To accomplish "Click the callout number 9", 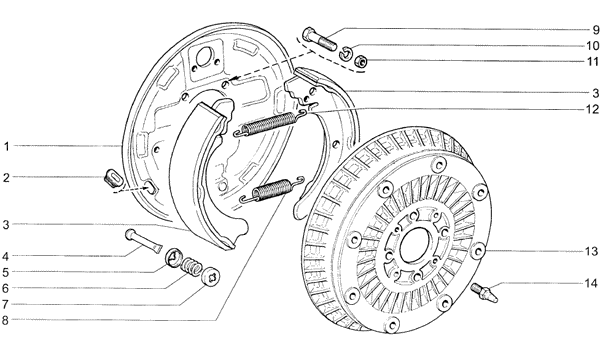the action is coord(595,30).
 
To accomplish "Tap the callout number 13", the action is coord(591,251).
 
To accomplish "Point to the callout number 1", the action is coord(7,146).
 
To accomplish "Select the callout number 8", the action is coord(5,320).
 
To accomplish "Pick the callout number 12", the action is coord(592,109).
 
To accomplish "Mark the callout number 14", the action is coord(591,283).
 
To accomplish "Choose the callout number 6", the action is coord(5,288).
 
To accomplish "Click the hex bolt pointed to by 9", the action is coord(320,39).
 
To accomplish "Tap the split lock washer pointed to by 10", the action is coord(346,53).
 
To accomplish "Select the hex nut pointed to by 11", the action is coord(360,61).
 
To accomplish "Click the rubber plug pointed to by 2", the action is coord(112,178).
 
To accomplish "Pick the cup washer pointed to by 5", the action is coord(174,257).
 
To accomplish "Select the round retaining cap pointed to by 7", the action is coord(211,275).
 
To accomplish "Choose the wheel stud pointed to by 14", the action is coord(485,293).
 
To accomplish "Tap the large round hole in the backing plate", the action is coord(204,57).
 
